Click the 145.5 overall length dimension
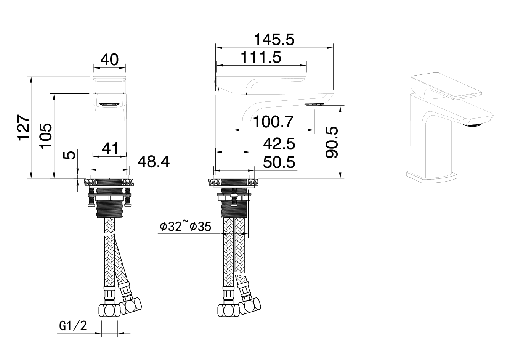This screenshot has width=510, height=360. click(x=274, y=40)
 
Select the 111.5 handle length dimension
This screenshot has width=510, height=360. click(x=261, y=57)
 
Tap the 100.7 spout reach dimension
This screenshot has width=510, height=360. click(x=273, y=122)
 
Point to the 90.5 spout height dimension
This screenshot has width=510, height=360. click(x=332, y=142)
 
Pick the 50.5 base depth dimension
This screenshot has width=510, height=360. click(x=279, y=162)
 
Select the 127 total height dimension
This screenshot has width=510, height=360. click(x=23, y=127)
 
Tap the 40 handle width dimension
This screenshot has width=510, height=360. click(x=109, y=60)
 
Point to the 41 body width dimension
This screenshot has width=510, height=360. click(x=110, y=148)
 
